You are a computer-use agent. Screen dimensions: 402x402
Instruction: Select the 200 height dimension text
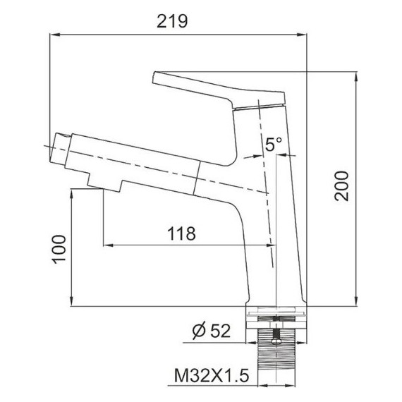[343, 186]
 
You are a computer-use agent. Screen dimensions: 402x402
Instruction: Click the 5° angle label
[274, 145]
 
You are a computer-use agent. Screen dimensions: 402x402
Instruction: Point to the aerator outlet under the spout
[103, 184]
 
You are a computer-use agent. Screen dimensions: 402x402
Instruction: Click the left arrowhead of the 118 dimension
[107, 245]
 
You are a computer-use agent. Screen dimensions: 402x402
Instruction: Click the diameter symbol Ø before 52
[197, 329]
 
